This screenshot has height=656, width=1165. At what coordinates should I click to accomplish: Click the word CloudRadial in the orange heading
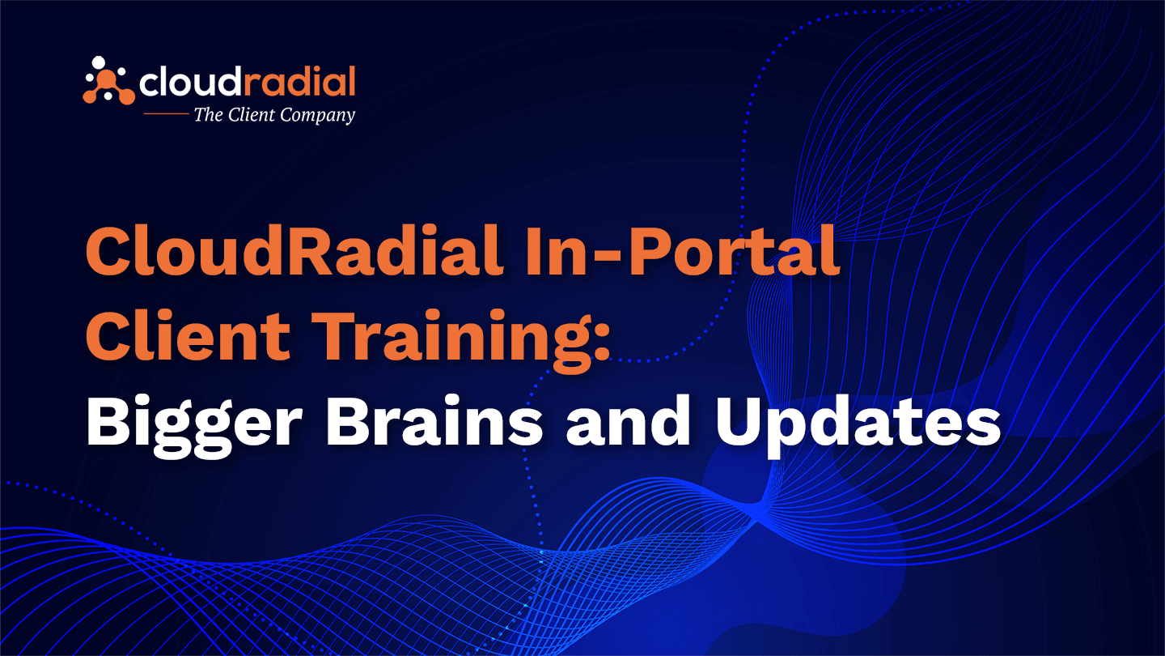click(x=294, y=250)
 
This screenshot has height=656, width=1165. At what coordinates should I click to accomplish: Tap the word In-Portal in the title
click(x=683, y=250)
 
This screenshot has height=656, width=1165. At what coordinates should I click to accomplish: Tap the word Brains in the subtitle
click(x=434, y=420)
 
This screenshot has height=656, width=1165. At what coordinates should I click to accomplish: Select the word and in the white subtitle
click(x=629, y=420)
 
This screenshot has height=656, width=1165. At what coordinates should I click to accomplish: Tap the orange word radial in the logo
click(x=299, y=82)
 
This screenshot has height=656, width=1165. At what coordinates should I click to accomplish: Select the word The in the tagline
click(x=208, y=114)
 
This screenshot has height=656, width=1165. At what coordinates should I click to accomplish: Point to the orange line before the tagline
click(x=166, y=113)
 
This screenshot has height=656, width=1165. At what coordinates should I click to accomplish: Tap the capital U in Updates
click(x=740, y=420)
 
